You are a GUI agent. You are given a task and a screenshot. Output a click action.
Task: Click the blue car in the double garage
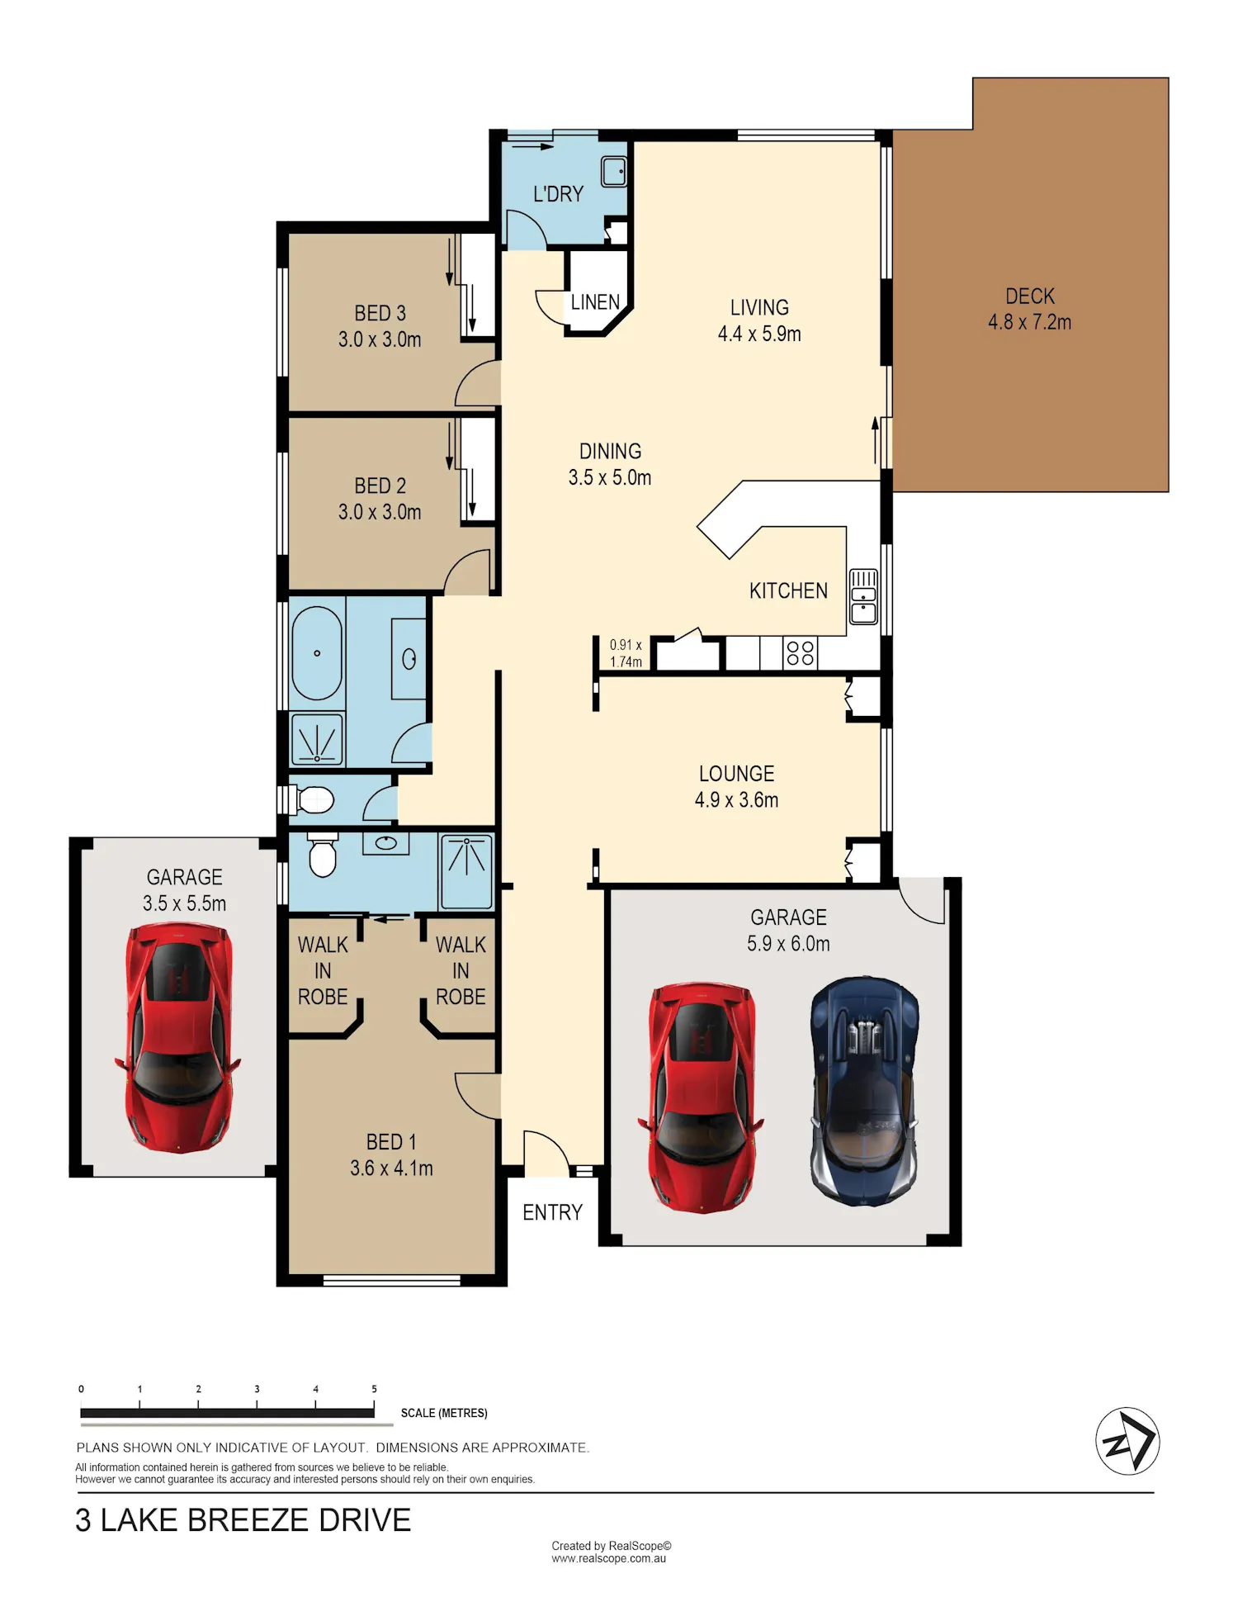[x=865, y=1092]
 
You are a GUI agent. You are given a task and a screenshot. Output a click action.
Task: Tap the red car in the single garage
[x=178, y=1039]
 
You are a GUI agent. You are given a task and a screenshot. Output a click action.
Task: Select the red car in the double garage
[x=701, y=1097]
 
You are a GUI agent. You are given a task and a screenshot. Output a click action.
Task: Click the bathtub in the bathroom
[x=317, y=654]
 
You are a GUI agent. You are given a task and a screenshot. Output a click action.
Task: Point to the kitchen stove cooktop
[x=800, y=653]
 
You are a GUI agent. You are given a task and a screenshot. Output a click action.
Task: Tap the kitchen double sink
[x=863, y=596]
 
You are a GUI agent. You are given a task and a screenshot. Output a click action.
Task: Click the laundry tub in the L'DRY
[x=613, y=172]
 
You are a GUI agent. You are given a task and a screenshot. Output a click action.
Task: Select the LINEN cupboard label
[x=595, y=302]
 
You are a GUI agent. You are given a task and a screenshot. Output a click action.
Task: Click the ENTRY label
[x=552, y=1212]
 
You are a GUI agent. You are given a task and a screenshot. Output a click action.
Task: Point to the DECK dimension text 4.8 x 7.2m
[x=1030, y=322]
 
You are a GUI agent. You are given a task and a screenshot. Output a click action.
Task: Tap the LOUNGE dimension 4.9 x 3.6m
[x=736, y=800]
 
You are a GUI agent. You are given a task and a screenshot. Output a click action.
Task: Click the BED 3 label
[x=380, y=313]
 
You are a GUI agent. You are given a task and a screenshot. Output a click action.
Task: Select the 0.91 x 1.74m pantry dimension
[x=626, y=653]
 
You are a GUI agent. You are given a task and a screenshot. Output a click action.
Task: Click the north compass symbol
[x=1127, y=1441]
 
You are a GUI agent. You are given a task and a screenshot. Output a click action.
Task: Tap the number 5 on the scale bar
[x=374, y=1389]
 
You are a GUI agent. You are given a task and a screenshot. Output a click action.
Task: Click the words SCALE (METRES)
[x=444, y=1413]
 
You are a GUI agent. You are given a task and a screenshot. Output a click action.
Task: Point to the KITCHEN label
[x=788, y=591]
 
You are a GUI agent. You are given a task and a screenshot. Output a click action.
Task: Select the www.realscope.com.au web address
[x=609, y=1559]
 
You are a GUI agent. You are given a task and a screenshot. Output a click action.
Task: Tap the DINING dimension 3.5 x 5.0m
[x=610, y=478]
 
